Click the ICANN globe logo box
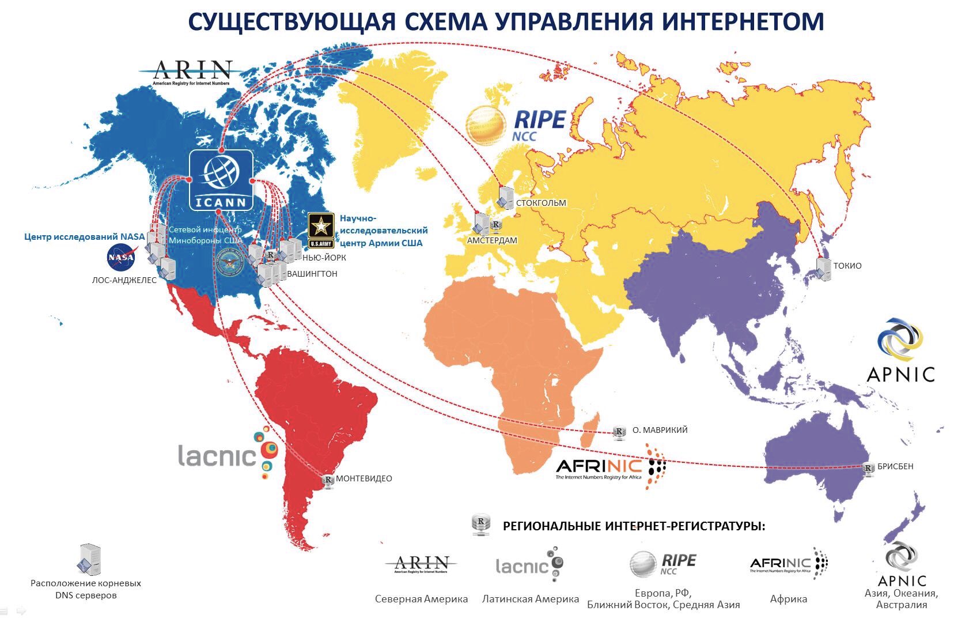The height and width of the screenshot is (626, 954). pyautogui.click(x=221, y=180)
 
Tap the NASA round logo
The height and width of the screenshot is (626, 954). pyautogui.click(x=121, y=257)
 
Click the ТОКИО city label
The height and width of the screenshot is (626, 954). pyautogui.click(x=847, y=266)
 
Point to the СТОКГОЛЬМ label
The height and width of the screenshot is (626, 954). pyautogui.click(x=541, y=203)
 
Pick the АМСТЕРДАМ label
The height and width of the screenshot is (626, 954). pyautogui.click(x=492, y=240)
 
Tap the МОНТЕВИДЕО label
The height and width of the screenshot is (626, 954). pyautogui.click(x=364, y=478)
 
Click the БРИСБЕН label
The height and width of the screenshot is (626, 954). pyautogui.click(x=895, y=466)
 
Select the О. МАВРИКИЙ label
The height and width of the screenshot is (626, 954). pyautogui.click(x=660, y=430)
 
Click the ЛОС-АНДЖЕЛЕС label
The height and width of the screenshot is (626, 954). pyautogui.click(x=124, y=281)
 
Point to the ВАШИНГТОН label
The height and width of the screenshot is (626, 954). pyautogui.click(x=312, y=274)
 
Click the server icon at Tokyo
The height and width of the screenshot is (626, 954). pyautogui.click(x=824, y=268)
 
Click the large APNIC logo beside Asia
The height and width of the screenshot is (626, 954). pyautogui.click(x=900, y=352)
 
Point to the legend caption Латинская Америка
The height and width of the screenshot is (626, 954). pyautogui.click(x=530, y=599)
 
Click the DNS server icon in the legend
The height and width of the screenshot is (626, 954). pyautogui.click(x=90, y=559)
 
